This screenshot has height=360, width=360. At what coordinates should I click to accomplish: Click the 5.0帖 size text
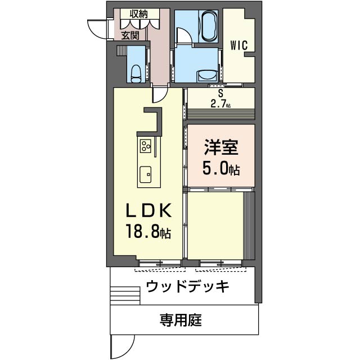220,169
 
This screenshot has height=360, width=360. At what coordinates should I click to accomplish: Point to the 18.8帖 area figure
148,232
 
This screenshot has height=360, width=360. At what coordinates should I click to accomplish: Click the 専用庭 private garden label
180,321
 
